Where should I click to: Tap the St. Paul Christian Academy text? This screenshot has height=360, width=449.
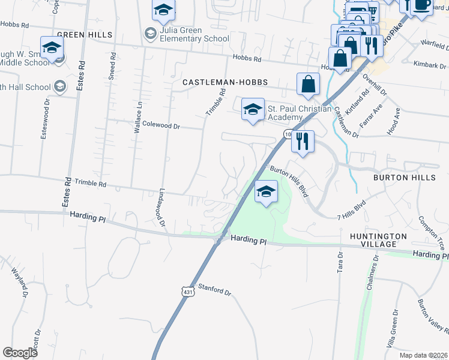point(299,113)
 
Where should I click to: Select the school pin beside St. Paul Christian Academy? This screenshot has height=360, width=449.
point(253,110)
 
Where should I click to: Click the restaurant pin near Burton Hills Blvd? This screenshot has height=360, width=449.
point(303,142)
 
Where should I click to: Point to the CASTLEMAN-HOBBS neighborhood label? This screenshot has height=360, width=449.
point(224,82)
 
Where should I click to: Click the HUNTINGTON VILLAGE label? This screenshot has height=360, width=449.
point(379,240)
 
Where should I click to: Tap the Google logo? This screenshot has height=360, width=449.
point(20,353)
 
